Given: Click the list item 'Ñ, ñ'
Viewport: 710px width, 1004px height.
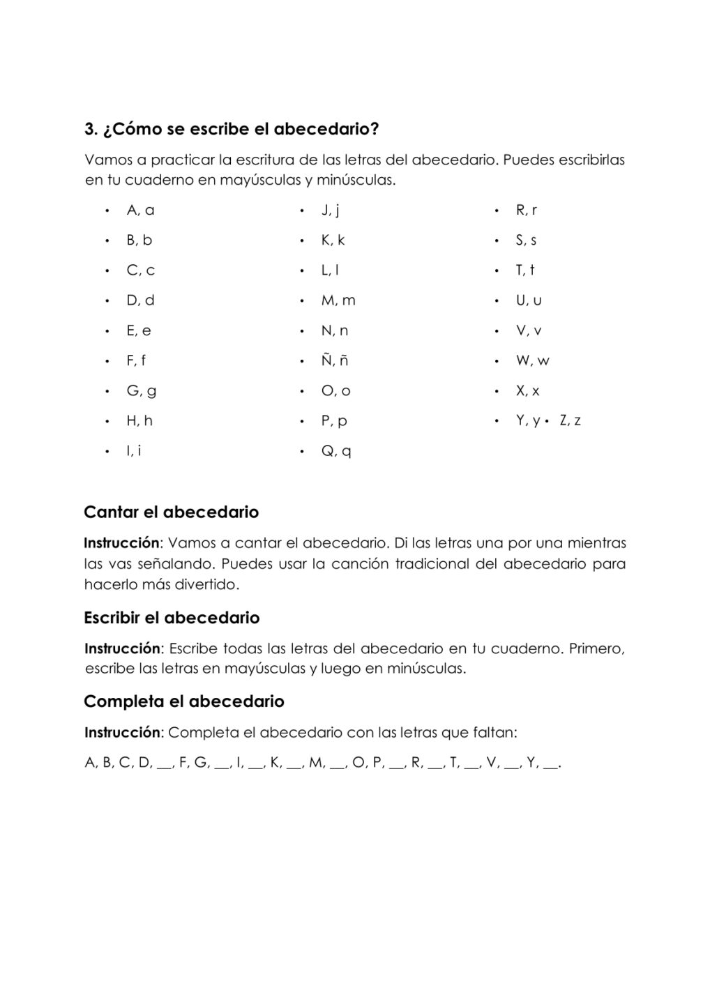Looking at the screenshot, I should pos(335,360).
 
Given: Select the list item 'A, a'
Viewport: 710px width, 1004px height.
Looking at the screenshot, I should pos(140,210).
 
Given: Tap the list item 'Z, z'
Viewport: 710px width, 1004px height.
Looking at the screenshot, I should pos(570,420).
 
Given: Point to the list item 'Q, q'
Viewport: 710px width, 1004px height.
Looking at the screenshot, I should pos(335,451).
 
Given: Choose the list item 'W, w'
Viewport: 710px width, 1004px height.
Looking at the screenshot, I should pos(532,360).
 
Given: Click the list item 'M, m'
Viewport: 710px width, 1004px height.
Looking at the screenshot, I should pos(338,301).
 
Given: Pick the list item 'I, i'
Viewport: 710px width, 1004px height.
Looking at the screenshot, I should pos(134,451).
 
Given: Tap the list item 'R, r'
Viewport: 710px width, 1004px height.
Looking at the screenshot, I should pos(526,210).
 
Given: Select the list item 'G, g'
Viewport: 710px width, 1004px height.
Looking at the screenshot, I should pos(141,391).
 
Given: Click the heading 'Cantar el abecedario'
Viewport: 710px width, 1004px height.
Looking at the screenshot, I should pos(171,512).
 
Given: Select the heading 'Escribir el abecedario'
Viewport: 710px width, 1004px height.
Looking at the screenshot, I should pos(172,618).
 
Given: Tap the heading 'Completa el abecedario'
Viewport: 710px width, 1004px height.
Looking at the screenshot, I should pos(184,701).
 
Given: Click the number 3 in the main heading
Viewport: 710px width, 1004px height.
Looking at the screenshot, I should pos(89,130).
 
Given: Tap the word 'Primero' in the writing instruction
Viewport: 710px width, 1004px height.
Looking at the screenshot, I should pos(596,649).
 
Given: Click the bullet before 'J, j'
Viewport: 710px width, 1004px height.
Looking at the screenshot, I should pos(302,211).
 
